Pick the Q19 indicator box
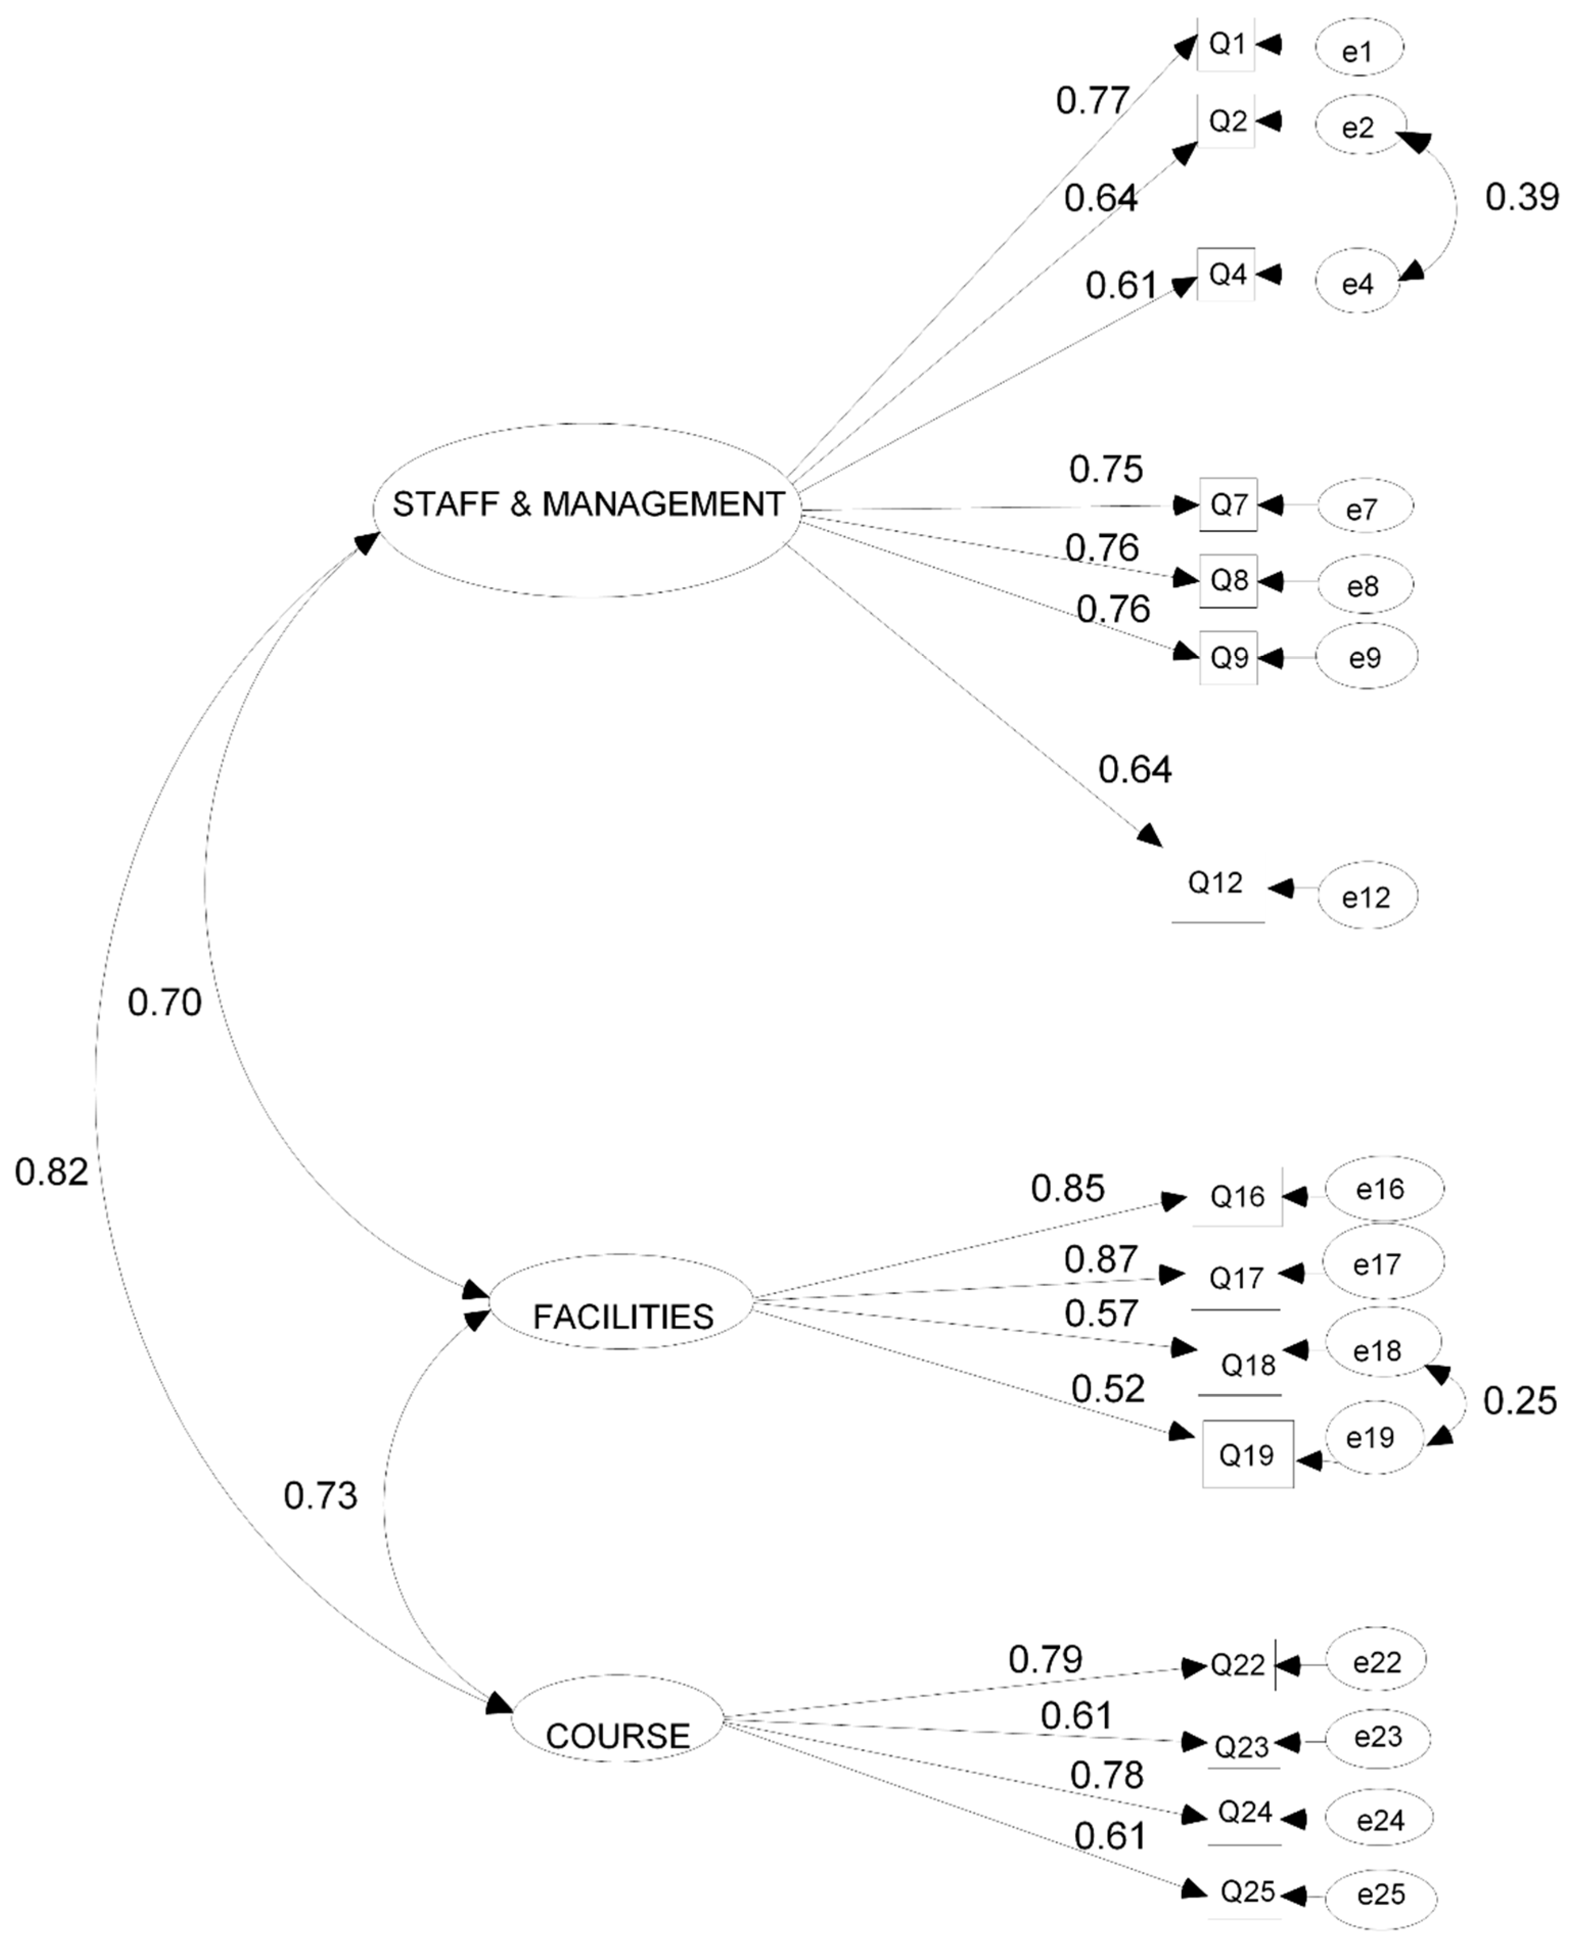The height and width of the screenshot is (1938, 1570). tap(1247, 1453)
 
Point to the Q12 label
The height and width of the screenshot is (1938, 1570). tap(1215, 883)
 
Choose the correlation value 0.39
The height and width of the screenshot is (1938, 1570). tap(1522, 197)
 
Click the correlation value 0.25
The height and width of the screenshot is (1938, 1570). tap(1519, 1401)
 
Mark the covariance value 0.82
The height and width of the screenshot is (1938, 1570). tap(52, 1172)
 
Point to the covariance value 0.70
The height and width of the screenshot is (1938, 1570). tap(165, 1002)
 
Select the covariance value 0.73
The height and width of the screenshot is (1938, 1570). tap(320, 1496)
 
